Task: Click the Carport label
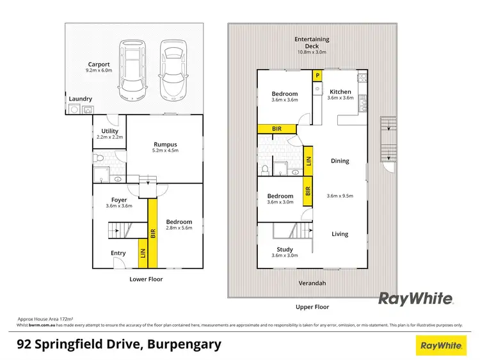point(99,64)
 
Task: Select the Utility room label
point(109,131)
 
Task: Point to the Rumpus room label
point(165,144)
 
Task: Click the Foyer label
point(118,200)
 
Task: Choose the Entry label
point(118,253)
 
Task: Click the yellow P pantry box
point(317,75)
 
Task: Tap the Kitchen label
point(340,92)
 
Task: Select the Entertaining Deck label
point(312,39)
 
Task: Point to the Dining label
point(340,161)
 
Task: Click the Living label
point(340,234)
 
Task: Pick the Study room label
point(285,249)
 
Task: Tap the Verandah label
point(312,283)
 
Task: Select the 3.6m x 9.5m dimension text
point(340,196)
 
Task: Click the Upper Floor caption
point(312,307)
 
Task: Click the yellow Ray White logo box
point(441,345)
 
